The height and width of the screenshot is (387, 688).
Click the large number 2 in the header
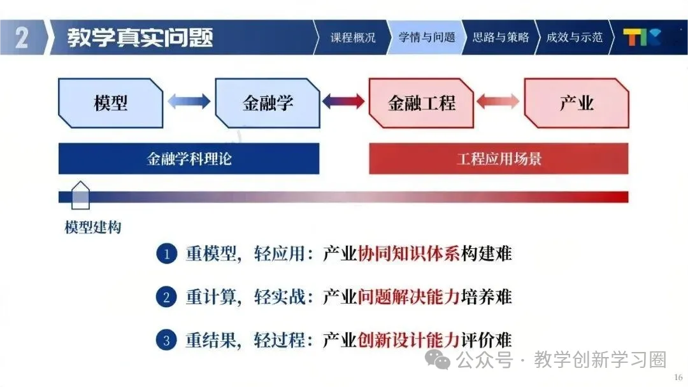[x=22, y=38]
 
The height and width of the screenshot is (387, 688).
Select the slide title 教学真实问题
[x=140, y=38]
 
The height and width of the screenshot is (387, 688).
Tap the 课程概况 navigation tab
[x=352, y=38]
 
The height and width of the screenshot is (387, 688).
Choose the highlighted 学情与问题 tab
[x=427, y=38]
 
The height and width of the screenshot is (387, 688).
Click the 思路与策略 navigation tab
[x=501, y=38]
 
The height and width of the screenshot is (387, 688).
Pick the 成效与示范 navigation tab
[x=574, y=38]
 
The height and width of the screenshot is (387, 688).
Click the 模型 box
[x=111, y=103]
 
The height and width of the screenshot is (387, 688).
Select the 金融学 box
[x=268, y=103]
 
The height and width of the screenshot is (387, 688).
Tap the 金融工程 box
[x=421, y=103]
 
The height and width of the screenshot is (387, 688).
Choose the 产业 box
[x=577, y=103]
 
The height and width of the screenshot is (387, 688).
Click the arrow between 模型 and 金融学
[x=189, y=101]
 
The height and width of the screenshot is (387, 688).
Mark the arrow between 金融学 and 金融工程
[x=344, y=101]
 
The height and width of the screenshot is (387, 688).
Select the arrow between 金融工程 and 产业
[x=498, y=101]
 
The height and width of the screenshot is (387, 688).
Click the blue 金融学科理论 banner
[x=189, y=158]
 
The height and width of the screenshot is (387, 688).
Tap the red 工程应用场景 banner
[x=499, y=158]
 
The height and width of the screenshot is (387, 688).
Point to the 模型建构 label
[x=93, y=227]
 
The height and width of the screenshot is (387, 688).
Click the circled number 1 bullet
[x=166, y=255]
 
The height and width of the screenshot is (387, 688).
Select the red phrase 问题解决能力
[x=408, y=297]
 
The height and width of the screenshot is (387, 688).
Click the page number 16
[x=678, y=377]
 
